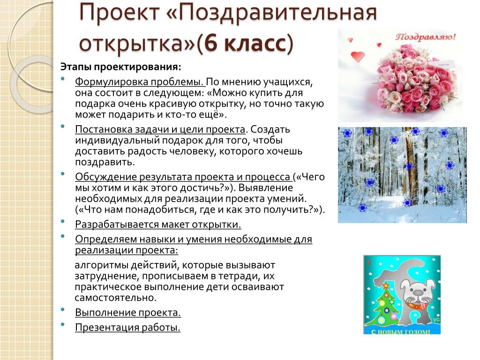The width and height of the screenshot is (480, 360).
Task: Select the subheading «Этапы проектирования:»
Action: [x=120, y=67]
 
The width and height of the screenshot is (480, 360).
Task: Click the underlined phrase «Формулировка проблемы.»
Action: [x=139, y=82]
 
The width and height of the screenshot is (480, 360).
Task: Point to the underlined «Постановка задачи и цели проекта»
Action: [x=160, y=129]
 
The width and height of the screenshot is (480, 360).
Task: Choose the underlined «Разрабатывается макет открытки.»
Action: [x=158, y=225]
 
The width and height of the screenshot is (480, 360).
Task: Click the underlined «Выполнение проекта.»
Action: [x=128, y=313]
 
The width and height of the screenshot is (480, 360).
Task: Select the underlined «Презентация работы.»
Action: [x=127, y=327]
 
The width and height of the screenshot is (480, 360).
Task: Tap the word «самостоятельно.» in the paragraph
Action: [x=116, y=298]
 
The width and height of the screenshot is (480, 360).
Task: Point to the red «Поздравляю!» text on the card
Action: [x=425, y=37]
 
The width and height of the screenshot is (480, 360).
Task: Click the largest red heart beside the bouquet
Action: [x=358, y=57]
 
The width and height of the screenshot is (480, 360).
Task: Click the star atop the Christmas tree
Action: [x=386, y=285]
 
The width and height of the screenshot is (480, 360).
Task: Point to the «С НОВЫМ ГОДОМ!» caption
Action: [x=400, y=331]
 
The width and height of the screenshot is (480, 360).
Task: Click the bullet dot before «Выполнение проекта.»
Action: [x=63, y=310]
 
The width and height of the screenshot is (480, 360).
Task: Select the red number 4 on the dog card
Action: [x=369, y=262]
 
